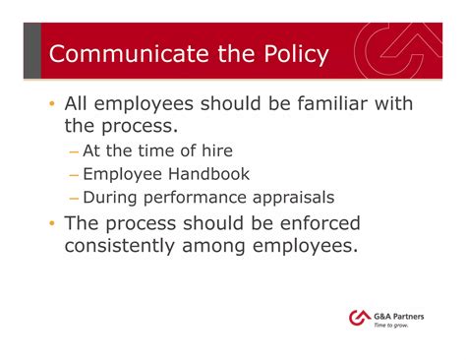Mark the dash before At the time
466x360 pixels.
pos(75,151)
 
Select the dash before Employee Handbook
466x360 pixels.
pos(75,175)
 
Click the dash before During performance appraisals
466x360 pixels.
pos(75,199)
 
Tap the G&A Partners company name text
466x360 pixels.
pos(401,314)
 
